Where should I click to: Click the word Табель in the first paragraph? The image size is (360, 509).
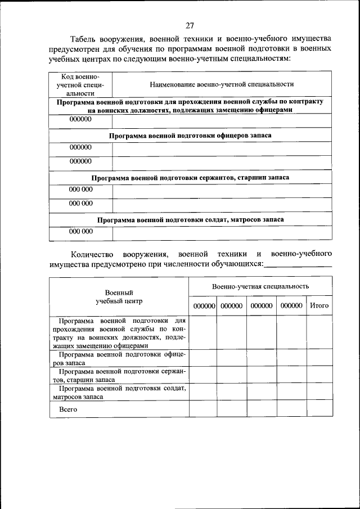click(x=84, y=40)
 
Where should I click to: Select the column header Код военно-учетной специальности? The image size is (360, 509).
click(x=80, y=84)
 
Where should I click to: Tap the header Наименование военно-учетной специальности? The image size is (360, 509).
click(x=222, y=84)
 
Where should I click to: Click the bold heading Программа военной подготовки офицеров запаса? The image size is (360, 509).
click(x=190, y=136)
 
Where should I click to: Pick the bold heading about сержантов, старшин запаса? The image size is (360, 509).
click(x=190, y=177)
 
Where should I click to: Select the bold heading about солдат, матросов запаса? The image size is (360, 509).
click(x=190, y=219)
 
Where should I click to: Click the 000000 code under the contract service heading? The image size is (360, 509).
click(x=80, y=120)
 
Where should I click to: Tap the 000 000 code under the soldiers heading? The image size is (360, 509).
click(x=80, y=231)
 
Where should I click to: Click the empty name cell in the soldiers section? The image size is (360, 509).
click(x=222, y=232)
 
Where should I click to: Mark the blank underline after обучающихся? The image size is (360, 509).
click(x=298, y=264)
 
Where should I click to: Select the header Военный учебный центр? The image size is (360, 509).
click(x=119, y=296)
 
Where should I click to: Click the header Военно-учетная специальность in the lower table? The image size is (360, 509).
click(x=260, y=286)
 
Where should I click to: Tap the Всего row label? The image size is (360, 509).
click(x=67, y=409)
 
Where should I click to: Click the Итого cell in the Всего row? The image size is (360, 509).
click(x=319, y=409)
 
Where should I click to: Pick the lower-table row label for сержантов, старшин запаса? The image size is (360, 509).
click(x=119, y=376)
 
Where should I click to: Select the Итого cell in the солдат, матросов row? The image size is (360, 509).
click(x=319, y=392)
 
